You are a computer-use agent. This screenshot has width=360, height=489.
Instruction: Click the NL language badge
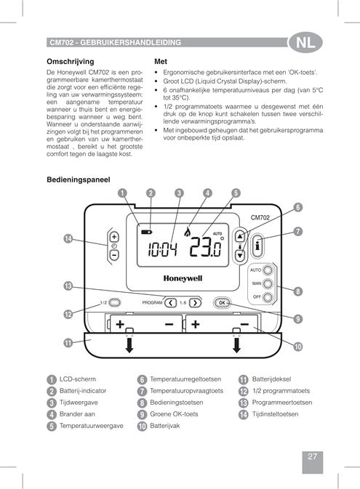tap(305, 42)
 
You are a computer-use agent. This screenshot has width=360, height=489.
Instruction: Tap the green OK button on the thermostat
tap(222, 302)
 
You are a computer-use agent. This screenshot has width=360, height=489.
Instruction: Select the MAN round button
tap(268, 284)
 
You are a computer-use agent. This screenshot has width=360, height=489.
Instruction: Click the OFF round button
tap(268, 297)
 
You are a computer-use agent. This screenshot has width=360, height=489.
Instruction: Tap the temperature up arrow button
tap(240, 236)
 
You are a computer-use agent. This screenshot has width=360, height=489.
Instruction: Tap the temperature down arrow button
tap(240, 256)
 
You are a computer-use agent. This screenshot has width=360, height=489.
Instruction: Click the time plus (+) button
tap(114, 237)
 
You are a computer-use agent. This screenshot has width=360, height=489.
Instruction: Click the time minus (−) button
tap(114, 255)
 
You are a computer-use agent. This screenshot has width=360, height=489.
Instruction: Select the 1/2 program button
tap(115, 302)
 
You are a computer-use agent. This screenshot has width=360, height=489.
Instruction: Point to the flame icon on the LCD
tap(188, 231)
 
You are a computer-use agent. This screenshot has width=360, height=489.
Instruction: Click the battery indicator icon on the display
tap(146, 232)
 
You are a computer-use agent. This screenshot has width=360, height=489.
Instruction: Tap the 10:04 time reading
tap(162, 249)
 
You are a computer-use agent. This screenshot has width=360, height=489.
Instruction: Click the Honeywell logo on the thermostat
tap(183, 278)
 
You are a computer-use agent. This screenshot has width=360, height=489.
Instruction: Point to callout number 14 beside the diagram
tap(68, 239)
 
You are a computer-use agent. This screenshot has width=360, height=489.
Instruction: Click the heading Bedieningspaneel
tap(79, 179)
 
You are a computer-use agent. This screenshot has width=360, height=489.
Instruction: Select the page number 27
tap(312, 456)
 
